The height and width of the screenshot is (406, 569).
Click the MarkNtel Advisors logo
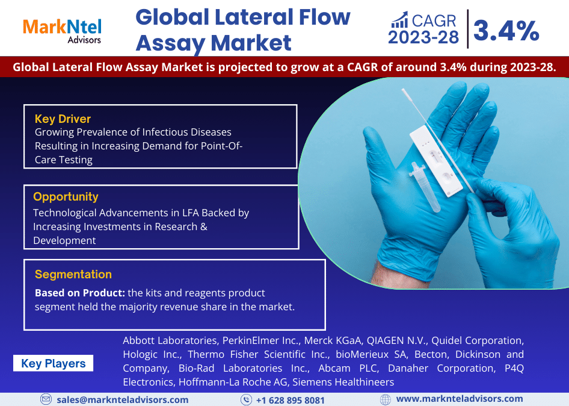62,30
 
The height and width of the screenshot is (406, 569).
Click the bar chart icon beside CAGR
399,21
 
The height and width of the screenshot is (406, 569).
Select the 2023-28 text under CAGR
423,38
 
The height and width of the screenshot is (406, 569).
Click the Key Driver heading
63,119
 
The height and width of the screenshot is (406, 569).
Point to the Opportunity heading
66,196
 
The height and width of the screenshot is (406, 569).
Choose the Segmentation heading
73,274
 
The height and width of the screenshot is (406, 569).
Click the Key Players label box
53,363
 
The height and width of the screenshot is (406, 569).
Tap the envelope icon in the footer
46,399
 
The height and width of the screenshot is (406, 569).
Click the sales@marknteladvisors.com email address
123,399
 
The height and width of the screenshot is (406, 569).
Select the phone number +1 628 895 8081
291,400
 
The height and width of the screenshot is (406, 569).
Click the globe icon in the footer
386,399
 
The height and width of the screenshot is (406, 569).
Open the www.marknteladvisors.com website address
460,399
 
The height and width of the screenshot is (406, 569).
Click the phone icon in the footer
246,399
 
